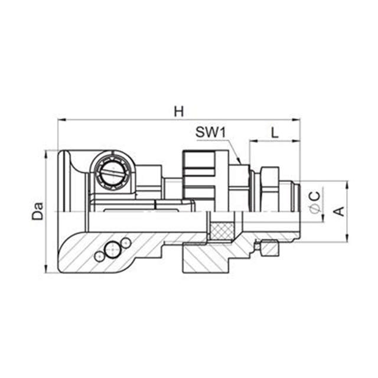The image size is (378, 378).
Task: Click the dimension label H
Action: click(178, 110)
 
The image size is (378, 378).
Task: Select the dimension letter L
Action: click(275, 132)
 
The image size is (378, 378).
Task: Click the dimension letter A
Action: click(340, 211)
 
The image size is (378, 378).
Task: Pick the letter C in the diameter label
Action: click(315, 194)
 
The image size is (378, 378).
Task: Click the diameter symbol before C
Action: click(315, 208)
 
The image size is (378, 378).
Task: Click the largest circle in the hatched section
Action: click(112, 249)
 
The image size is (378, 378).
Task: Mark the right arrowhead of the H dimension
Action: click(298, 120)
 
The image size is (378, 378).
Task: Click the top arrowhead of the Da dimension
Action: click(46, 152)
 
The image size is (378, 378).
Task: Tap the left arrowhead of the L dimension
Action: click(252, 141)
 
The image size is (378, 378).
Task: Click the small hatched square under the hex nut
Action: click(269, 250)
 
